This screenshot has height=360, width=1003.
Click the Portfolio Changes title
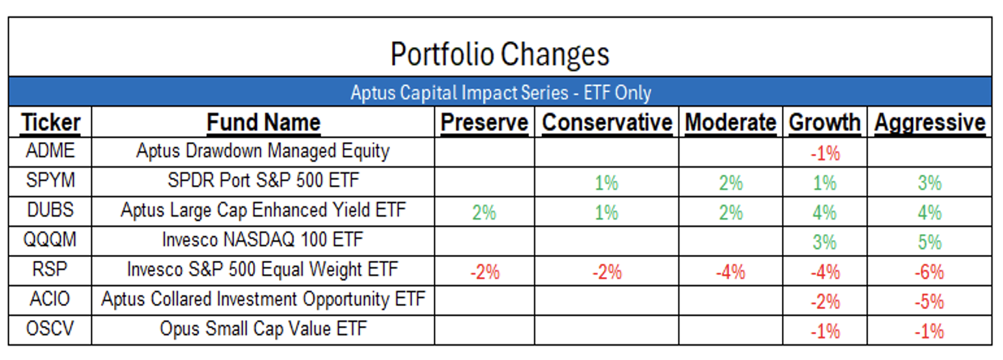pos(500,54)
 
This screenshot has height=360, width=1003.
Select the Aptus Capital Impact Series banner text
pos(501,93)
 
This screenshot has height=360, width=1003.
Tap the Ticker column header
pos(51,122)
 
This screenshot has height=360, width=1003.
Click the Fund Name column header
pos(263,122)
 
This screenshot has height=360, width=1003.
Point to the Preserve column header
pos(485,122)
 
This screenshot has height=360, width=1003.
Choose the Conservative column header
pos(606,122)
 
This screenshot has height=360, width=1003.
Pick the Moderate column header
pos(731,122)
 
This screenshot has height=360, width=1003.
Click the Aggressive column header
pos(929,122)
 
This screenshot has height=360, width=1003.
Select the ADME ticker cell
pos(50,151)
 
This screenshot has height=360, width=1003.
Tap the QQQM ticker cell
pos(50,239)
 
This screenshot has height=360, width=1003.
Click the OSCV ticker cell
pos(50,328)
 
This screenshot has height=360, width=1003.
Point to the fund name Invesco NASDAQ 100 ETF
pos(263,239)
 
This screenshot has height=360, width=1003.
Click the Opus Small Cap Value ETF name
pos(263,329)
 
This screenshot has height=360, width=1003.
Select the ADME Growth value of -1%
pos(825,153)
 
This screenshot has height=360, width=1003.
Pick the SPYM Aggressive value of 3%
pos(929,183)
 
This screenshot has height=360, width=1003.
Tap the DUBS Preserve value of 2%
pos(484,213)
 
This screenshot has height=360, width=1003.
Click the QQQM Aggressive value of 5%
pos(929,242)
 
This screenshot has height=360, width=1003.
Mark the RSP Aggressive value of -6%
pos(929,272)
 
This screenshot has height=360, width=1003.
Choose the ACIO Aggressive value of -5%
pos(929,301)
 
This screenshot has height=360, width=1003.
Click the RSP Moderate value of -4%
pos(730,272)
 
